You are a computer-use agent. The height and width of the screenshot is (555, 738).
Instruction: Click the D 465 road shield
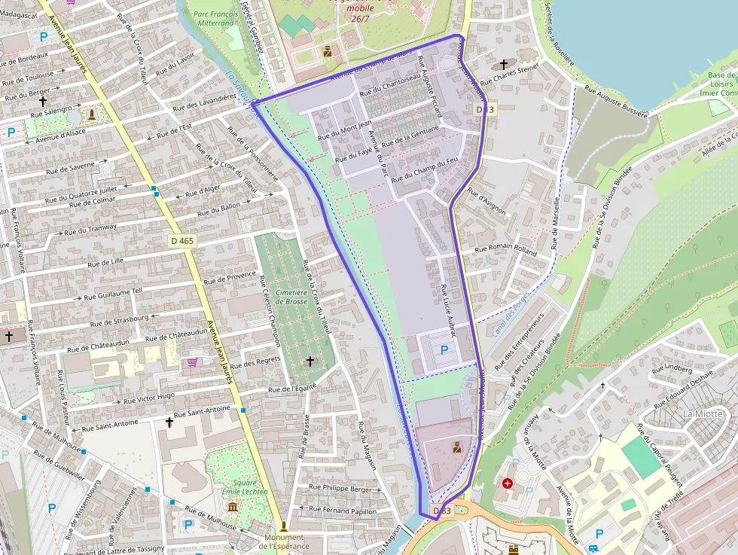point(182,241)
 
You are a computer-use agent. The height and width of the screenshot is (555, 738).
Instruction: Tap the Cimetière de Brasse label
point(291,296)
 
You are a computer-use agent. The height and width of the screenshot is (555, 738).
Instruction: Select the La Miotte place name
point(702,413)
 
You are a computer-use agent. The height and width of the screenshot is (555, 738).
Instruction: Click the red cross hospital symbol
point(508,483)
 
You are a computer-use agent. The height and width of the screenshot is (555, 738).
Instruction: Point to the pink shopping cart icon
point(193,362)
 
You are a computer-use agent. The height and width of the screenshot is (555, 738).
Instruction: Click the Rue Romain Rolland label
point(505,250)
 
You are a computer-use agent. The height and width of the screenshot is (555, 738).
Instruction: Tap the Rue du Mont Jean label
point(345,130)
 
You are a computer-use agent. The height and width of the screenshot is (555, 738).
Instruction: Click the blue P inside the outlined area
point(444,350)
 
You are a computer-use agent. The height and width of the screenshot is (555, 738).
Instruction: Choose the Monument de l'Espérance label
point(284,541)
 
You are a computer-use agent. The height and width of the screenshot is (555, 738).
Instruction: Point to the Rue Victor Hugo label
point(149,398)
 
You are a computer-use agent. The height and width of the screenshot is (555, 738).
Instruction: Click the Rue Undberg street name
point(672,368)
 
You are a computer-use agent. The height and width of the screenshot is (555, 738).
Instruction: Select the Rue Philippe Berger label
point(341,489)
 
